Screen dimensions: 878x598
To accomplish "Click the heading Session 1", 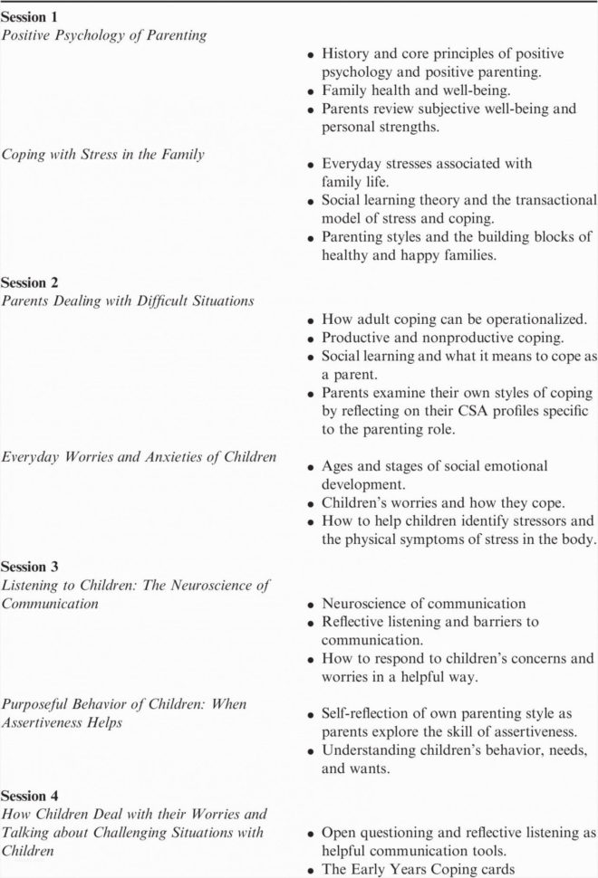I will (x=30, y=17).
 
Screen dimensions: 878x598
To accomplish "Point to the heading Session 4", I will (x=30, y=796).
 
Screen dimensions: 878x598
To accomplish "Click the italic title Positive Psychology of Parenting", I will (x=103, y=35).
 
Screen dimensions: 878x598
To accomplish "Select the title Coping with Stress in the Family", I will (x=102, y=154).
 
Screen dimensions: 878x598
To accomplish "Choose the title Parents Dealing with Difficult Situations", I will (x=127, y=301).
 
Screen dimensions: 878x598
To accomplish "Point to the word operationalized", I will (x=532, y=320).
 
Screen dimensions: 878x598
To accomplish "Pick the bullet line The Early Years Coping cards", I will (x=418, y=870).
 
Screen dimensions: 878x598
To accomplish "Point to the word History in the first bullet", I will (x=348, y=55).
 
